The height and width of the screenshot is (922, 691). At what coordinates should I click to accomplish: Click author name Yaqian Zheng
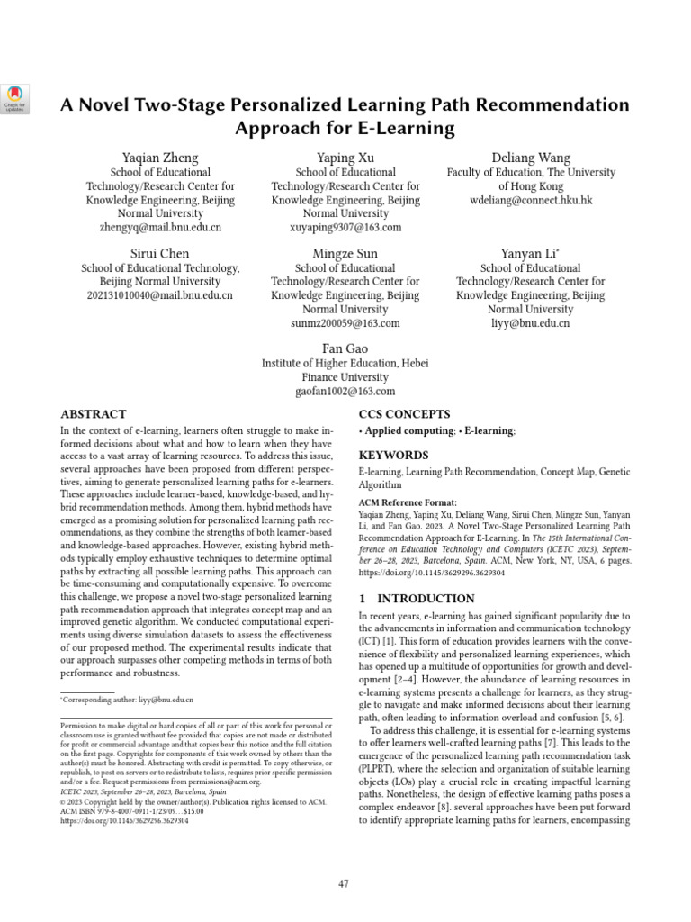(160, 158)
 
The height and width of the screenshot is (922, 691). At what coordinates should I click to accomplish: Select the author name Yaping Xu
(345, 158)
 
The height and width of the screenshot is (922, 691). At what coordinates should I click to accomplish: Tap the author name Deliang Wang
(531, 158)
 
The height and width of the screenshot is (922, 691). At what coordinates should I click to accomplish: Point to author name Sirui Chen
(160, 254)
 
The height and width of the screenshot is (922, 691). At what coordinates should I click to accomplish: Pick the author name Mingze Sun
(345, 254)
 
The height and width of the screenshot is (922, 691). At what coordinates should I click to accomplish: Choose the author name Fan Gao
(345, 348)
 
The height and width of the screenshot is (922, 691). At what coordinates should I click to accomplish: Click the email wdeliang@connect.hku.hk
(531, 201)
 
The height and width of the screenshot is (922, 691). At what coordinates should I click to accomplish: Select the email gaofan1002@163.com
(345, 392)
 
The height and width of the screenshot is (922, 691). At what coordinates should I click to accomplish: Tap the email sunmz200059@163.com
(345, 323)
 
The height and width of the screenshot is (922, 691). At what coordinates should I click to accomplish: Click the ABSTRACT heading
(93, 415)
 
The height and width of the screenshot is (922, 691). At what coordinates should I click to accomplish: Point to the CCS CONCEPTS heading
(405, 415)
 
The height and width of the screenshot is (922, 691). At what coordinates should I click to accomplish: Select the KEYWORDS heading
(393, 456)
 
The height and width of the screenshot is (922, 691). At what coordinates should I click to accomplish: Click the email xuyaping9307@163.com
(345, 228)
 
